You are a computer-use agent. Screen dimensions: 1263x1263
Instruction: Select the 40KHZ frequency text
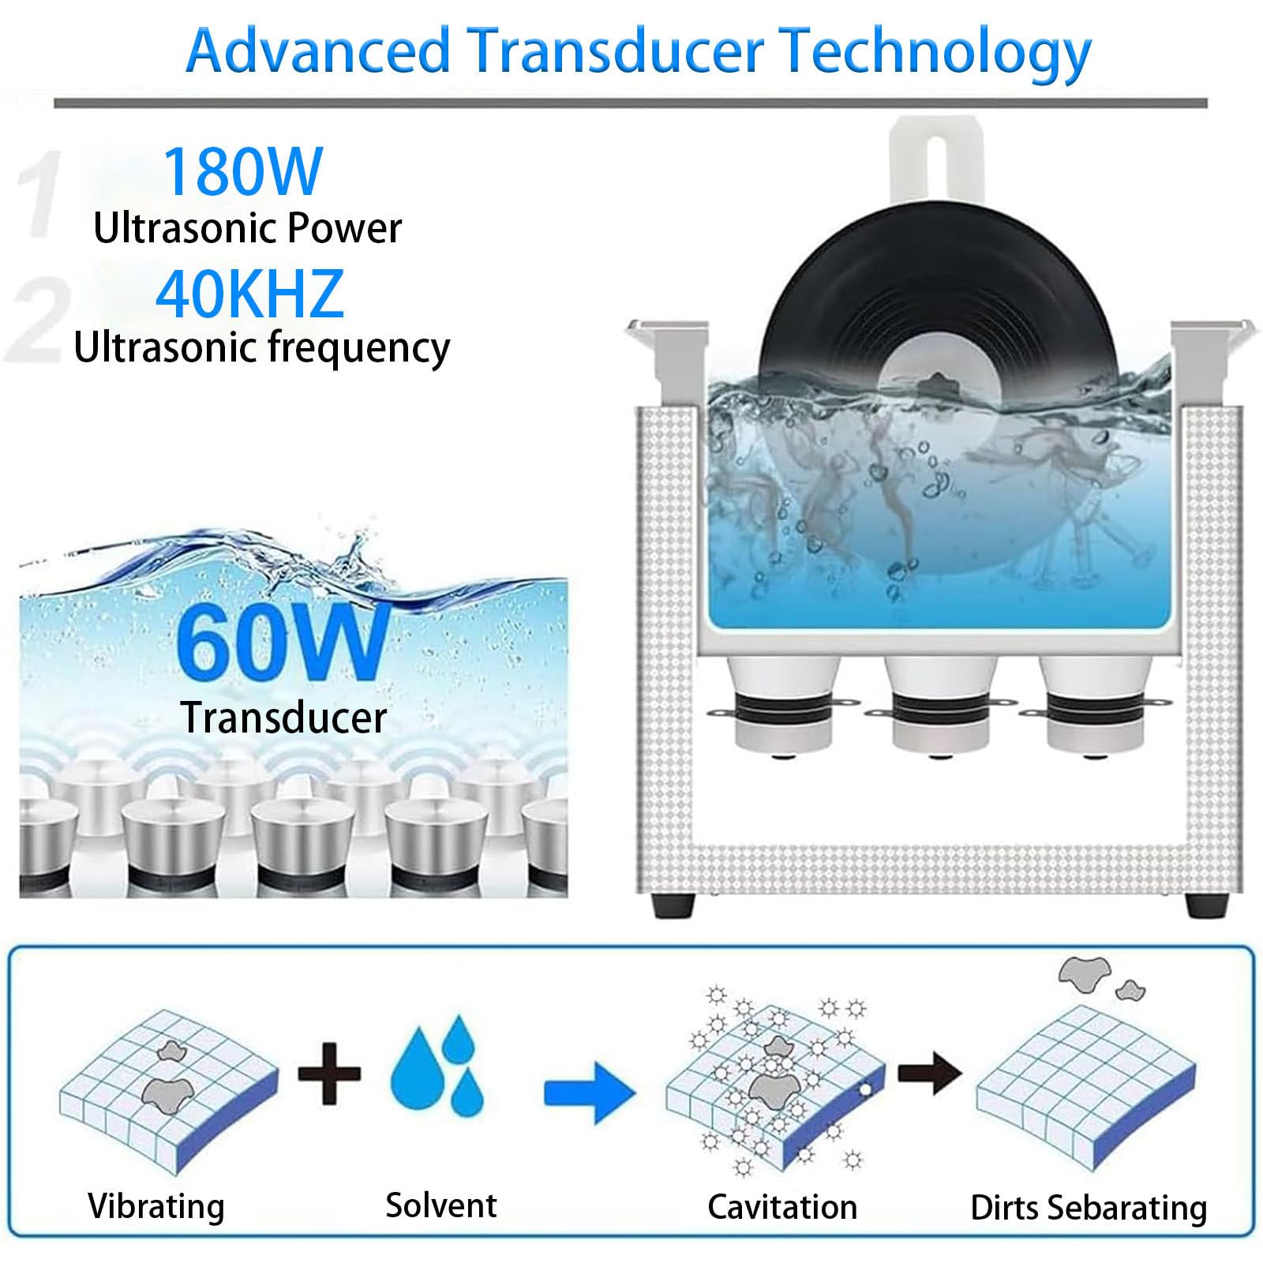249,294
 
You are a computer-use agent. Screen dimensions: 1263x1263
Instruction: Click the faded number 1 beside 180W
43,194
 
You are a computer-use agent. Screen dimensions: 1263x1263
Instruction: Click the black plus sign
329,1073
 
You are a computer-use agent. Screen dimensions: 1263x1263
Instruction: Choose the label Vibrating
156,1207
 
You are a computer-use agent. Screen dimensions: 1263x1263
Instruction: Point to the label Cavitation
782,1207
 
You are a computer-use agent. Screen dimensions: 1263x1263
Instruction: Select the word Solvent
441,1205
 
